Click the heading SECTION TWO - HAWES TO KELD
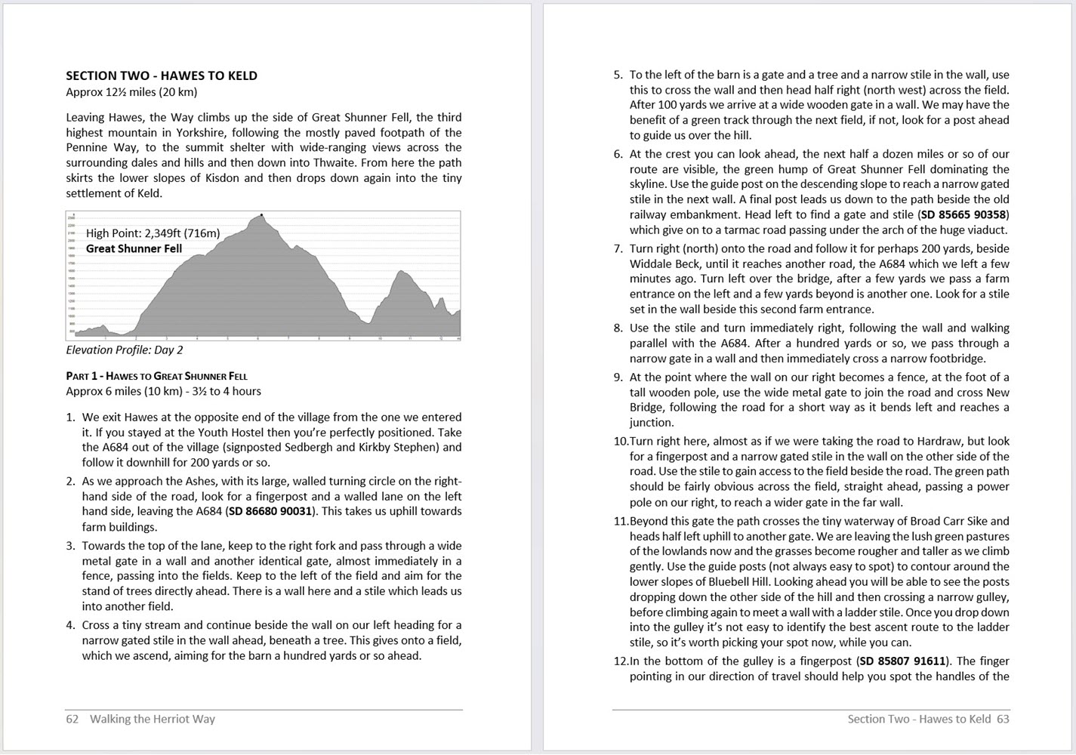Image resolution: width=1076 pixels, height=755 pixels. [162, 75]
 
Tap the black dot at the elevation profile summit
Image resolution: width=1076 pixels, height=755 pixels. [262, 215]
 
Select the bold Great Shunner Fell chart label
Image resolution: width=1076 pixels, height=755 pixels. [134, 248]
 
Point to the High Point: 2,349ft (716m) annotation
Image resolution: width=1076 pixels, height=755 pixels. [153, 233]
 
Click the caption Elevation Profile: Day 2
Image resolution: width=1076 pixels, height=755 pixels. [124, 350]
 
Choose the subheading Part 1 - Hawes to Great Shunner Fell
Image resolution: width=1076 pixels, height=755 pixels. [156, 376]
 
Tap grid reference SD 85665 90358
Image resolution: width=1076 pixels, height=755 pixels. [963, 214]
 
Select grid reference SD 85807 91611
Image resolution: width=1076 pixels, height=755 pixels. [902, 661]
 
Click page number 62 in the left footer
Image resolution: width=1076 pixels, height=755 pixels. [72, 719]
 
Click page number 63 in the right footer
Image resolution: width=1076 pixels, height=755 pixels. [1003, 719]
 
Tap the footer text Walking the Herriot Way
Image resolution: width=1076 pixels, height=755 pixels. [153, 719]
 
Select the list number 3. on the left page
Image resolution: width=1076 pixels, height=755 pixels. [70, 546]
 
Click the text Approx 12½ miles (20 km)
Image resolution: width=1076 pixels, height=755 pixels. [131, 92]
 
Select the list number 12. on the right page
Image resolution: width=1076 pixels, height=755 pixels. [620, 661]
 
